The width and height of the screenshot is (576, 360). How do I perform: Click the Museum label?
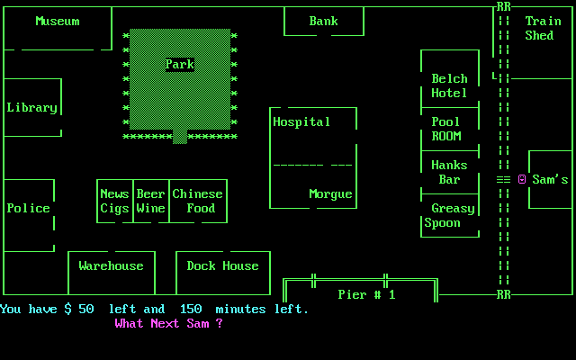click(57, 21)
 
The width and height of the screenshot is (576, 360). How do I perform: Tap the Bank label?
click(323, 21)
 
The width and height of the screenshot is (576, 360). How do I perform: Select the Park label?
click(179, 64)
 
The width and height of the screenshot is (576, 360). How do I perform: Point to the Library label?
click(31, 107)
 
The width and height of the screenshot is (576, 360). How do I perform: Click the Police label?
click(28, 208)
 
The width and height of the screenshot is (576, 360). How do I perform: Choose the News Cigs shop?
click(114, 201)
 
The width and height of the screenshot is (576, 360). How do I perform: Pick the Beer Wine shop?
click(150, 201)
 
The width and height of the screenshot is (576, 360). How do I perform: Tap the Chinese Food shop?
click(197, 201)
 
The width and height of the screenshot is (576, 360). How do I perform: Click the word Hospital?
click(301, 121)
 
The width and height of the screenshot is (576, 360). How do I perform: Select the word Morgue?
click(330, 193)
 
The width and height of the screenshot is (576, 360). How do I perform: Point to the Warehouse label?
click(111, 265)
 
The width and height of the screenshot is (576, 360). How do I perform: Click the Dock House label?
click(222, 265)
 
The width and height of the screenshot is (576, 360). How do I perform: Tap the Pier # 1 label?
click(366, 294)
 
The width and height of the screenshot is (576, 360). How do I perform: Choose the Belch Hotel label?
click(449, 85)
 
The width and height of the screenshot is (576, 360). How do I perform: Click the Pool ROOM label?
click(445, 129)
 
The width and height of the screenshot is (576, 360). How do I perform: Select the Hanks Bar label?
click(449, 172)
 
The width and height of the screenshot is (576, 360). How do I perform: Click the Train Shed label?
click(543, 28)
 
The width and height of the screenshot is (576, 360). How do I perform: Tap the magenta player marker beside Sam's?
click(521, 179)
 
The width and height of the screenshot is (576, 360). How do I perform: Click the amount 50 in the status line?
click(85, 309)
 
